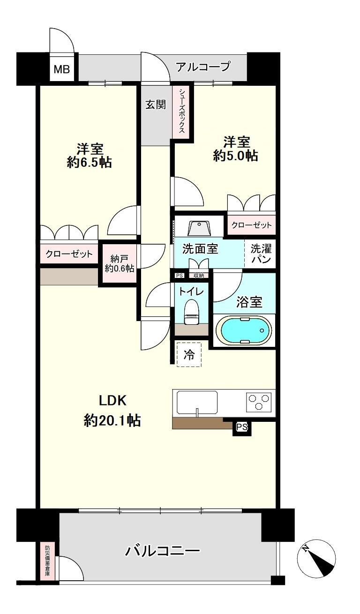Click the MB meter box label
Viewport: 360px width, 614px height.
(x=61, y=70)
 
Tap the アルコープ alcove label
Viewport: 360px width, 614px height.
(x=203, y=67)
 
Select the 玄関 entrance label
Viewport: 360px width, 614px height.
(x=155, y=105)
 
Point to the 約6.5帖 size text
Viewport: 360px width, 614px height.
(x=89, y=162)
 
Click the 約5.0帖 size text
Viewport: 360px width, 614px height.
(x=235, y=155)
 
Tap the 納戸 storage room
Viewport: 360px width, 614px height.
(x=119, y=263)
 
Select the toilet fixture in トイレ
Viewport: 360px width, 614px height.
(x=191, y=312)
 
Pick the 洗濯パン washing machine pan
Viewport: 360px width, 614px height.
(x=260, y=253)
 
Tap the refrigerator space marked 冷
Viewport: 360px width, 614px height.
(x=189, y=354)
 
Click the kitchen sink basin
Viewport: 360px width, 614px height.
(x=197, y=402)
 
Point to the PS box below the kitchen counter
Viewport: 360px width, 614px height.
(x=242, y=427)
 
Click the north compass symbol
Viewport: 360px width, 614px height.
(x=316, y=559)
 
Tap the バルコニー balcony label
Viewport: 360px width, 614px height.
(x=162, y=550)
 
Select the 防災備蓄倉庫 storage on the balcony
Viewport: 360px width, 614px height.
(x=47, y=561)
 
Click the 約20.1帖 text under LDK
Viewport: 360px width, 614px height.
(x=112, y=420)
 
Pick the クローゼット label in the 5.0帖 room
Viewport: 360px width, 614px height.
(x=251, y=225)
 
